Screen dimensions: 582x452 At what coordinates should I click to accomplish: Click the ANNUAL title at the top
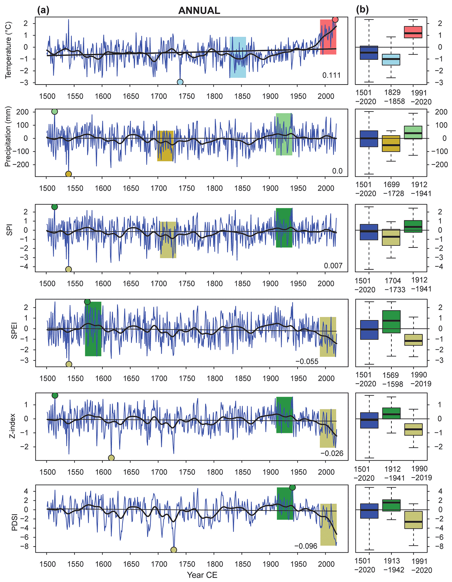pyautogui.click(x=199, y=11)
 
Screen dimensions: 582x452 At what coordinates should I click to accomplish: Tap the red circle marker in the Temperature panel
pyautogui.click(x=335, y=20)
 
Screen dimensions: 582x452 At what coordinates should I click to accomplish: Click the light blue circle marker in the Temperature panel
pyautogui.click(x=180, y=82)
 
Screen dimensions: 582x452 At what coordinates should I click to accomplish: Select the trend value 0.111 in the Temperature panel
pyautogui.click(x=331, y=75)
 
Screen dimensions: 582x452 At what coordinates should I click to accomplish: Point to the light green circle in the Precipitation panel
pyautogui.click(x=54, y=112)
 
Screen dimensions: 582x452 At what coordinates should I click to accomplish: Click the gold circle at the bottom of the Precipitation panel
pyautogui.click(x=68, y=174)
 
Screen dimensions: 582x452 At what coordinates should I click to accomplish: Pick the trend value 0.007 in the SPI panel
pyautogui.click(x=333, y=266)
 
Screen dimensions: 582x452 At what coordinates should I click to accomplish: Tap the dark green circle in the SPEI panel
pyautogui.click(x=87, y=302)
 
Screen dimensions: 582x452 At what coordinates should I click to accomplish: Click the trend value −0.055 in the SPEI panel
pyautogui.click(x=307, y=361)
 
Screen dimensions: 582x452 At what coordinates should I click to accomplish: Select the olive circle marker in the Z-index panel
pyautogui.click(x=111, y=458)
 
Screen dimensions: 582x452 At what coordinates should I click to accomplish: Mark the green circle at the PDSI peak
pyautogui.click(x=292, y=487)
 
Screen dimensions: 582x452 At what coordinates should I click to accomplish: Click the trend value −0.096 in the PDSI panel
pyautogui.click(x=306, y=546)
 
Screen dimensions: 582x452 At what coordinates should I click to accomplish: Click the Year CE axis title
pyautogui.click(x=202, y=575)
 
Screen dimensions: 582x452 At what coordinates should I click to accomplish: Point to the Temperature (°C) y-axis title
pyautogui.click(x=9, y=50)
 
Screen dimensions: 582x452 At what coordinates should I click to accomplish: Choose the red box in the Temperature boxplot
pyautogui.click(x=413, y=32)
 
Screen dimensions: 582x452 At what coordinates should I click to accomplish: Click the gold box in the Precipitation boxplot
pyautogui.click(x=391, y=144)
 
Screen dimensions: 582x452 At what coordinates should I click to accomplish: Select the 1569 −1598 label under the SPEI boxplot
pyautogui.click(x=392, y=379)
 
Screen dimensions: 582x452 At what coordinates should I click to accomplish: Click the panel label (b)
pyautogui.click(x=362, y=10)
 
